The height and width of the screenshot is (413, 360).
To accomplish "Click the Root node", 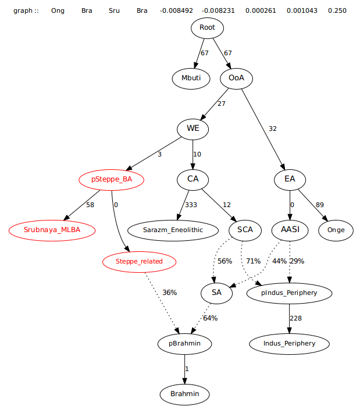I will click(207, 27).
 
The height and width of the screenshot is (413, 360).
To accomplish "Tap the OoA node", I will click(236, 78).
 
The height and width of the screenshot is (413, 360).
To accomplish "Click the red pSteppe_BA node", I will click(112, 180).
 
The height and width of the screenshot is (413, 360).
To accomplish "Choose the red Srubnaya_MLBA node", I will click(52, 230).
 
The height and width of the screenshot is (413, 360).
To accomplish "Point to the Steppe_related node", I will click(140, 262).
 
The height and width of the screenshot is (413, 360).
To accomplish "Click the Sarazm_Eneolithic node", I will click(173, 230).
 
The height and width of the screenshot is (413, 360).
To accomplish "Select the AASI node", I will click(290, 230).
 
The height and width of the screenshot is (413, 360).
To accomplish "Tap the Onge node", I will click(336, 230).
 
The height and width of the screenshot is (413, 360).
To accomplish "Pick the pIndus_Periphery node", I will click(290, 293).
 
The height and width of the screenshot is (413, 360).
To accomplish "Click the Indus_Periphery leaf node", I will click(290, 343).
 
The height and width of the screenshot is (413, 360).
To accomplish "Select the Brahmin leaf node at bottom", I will click(184, 394).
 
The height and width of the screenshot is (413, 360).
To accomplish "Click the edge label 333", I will click(191, 205).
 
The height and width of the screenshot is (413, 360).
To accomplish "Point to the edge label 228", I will click(296, 318).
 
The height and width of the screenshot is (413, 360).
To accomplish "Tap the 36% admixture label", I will click(170, 293).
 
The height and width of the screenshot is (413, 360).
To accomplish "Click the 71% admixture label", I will click(254, 261).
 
